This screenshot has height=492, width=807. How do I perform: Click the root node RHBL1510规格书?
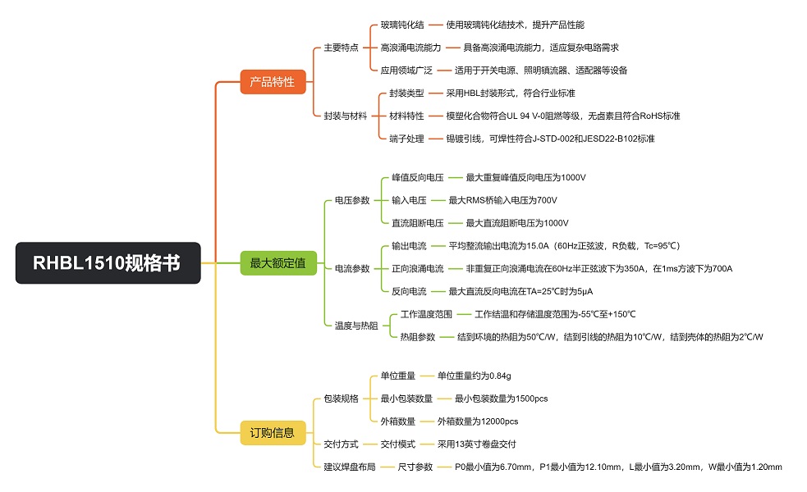[x=108, y=263]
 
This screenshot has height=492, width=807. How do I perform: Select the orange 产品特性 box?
[x=272, y=81]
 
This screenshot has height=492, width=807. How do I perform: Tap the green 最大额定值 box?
[x=277, y=263]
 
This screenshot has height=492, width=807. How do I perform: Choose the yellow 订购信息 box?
[x=272, y=433]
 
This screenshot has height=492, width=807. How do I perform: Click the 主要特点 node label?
[x=341, y=48]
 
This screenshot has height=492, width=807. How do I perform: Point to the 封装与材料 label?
[x=346, y=116]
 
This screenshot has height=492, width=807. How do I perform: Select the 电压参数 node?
[x=352, y=200]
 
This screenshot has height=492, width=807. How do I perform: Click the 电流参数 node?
[x=352, y=268]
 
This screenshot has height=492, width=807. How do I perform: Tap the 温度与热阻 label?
[x=356, y=326]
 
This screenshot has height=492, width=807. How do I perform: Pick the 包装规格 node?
[x=342, y=399]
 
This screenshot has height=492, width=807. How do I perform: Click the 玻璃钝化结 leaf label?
[x=402, y=25]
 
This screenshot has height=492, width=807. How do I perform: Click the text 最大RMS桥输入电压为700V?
[x=502, y=200]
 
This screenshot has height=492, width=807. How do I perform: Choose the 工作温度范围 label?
[x=426, y=314]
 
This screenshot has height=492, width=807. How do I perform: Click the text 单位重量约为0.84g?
[x=475, y=376]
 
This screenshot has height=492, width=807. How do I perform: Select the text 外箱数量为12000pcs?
[x=477, y=421]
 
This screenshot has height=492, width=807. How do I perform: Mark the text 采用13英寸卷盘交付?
[x=476, y=444]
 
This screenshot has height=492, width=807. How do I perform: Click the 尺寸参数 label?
[x=415, y=467]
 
